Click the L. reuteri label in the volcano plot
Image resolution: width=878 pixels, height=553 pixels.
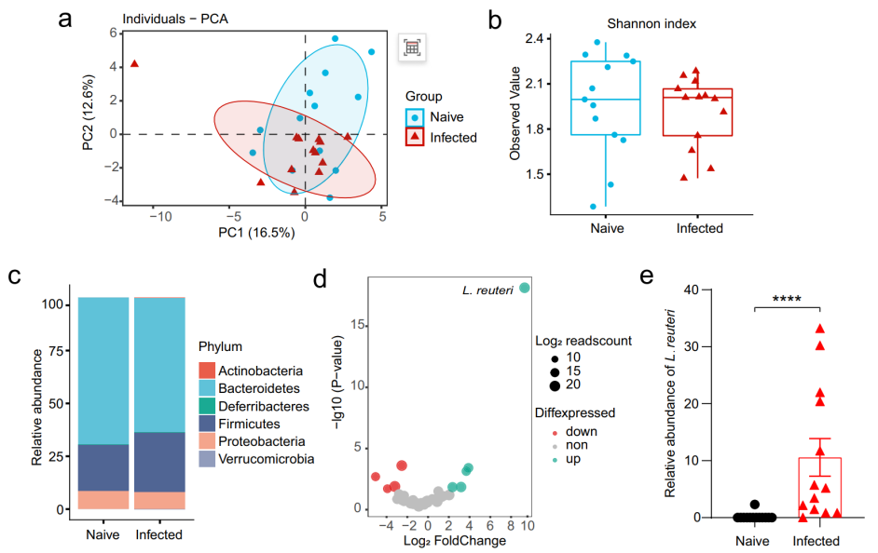click(x=484, y=290)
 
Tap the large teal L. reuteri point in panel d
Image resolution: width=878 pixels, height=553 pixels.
click(x=525, y=288)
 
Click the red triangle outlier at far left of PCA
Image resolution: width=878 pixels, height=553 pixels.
click(x=134, y=63)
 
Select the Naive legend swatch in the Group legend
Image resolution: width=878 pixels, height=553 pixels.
click(x=416, y=117)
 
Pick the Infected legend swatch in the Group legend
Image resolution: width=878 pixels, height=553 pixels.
click(x=416, y=138)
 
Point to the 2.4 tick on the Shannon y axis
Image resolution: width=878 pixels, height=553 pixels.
click(x=535, y=39)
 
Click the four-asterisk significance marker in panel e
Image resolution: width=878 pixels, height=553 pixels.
click(x=792, y=300)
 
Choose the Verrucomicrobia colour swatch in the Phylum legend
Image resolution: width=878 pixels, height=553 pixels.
click(x=208, y=459)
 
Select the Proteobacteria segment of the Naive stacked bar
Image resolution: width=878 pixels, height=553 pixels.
click(x=103, y=500)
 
